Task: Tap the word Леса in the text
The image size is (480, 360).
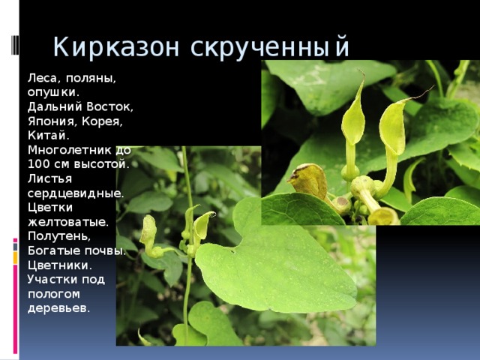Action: tap(42, 77)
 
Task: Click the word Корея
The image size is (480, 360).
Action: tap(103, 121)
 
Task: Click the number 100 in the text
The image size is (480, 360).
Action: tap(38, 163)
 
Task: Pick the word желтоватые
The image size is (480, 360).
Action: tap(67, 221)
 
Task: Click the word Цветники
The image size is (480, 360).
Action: tap(59, 265)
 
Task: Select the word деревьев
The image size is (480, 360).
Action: tap(58, 308)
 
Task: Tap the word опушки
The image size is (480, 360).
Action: tap(52, 91)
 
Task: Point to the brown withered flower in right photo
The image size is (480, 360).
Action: tap(308, 180)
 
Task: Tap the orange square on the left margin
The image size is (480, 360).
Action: tap(15, 257)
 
